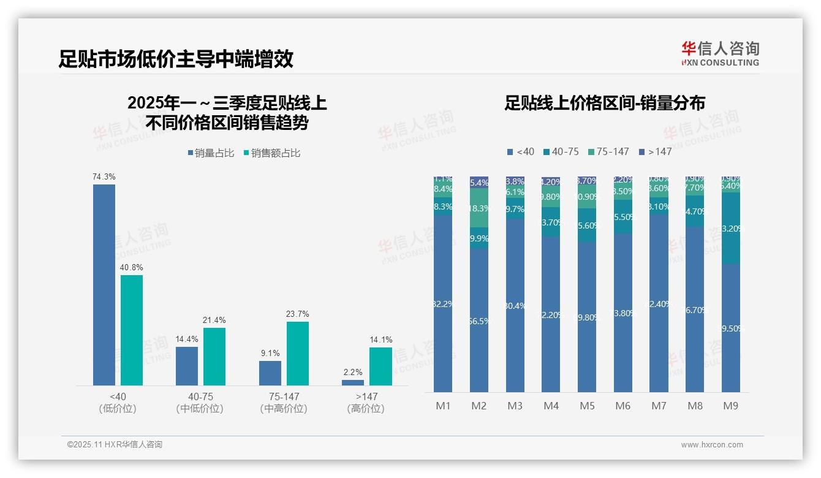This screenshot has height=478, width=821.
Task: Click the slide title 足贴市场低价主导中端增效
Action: (176, 59)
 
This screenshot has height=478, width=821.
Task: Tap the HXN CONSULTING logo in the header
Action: (720, 53)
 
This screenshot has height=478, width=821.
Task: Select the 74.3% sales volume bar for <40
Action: (104, 284)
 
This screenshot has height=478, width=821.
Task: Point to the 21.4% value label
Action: (214, 320)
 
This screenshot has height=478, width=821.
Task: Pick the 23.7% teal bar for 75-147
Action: (297, 353)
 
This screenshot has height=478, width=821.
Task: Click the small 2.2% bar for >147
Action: (353, 382)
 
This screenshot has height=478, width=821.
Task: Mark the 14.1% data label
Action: (380, 340)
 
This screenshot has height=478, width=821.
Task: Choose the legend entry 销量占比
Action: (211, 153)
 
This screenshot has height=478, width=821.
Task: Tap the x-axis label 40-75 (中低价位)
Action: (200, 403)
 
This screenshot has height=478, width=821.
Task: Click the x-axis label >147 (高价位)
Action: (366, 403)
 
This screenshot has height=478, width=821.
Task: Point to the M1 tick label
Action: (443, 406)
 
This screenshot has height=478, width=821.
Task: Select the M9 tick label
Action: (731, 406)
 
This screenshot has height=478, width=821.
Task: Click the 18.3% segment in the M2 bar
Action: (479, 208)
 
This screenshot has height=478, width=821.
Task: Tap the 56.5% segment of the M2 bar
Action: (479, 320)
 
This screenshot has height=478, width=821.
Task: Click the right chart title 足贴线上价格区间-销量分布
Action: (605, 103)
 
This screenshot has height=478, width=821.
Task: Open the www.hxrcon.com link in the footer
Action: (712, 445)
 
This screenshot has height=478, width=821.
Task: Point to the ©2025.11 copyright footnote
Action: (115, 445)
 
